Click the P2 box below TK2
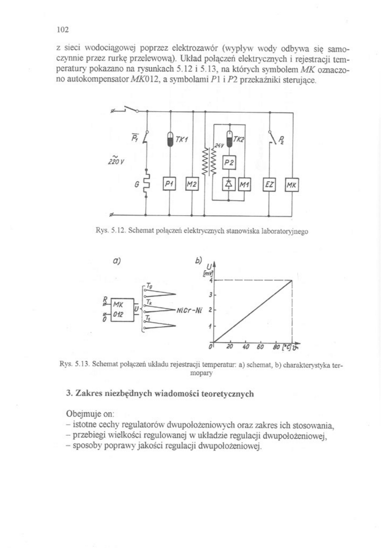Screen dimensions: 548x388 tap(229, 163)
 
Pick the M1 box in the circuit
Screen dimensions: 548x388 tap(244, 184)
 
